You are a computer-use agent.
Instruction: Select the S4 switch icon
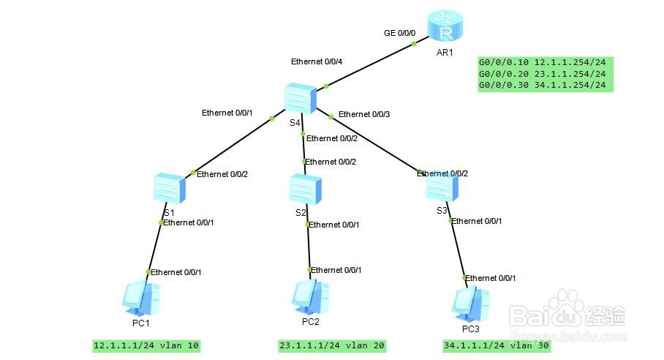(x=301, y=98)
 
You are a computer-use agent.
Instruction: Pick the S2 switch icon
(x=301, y=189)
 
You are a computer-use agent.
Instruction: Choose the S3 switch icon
(x=442, y=187)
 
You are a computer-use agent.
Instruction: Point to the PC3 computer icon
(x=469, y=301)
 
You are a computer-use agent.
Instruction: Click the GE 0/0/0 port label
(x=399, y=33)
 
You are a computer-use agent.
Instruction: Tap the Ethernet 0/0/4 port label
(x=319, y=61)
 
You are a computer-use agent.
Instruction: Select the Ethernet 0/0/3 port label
(x=364, y=114)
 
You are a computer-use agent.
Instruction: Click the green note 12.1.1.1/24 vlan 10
(x=146, y=345)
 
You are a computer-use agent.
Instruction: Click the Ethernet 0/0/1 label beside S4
(x=227, y=113)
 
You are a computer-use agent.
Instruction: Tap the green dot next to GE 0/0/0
(x=413, y=44)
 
